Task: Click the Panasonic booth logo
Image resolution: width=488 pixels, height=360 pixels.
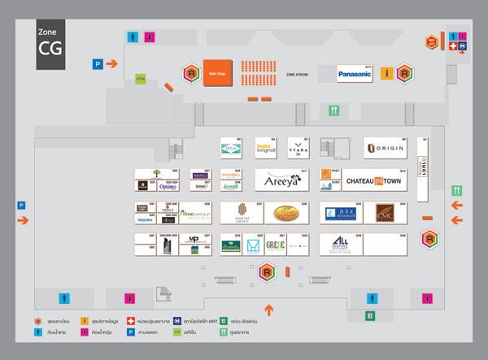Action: (x=355, y=74)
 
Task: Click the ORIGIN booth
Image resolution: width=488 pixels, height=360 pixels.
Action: (x=386, y=148)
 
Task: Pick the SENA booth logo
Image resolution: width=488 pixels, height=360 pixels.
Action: (x=231, y=148)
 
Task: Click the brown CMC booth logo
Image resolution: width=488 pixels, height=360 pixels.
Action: (x=385, y=213)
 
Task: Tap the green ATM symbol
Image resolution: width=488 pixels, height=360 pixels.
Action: (x=140, y=79)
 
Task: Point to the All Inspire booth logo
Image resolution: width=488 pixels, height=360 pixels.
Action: (x=342, y=245)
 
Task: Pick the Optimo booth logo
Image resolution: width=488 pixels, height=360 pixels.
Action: (x=168, y=186)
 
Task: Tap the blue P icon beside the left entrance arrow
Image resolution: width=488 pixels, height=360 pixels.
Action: (x=21, y=206)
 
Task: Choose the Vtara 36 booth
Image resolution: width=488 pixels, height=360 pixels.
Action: (x=298, y=148)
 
